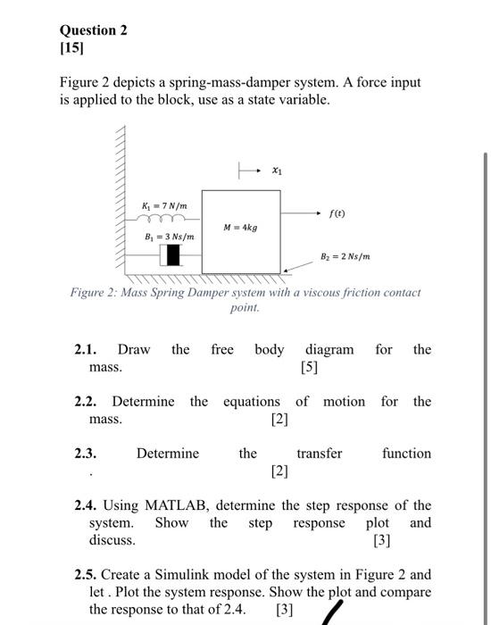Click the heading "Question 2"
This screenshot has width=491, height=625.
(x=93, y=30)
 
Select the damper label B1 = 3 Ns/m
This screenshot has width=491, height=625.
(x=169, y=237)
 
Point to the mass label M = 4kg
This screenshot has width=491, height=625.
(x=240, y=227)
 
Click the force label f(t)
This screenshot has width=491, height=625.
(x=337, y=215)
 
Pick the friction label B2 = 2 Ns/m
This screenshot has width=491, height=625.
(x=345, y=257)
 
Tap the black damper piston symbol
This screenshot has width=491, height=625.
(x=172, y=255)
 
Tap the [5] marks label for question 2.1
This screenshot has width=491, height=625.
(x=311, y=367)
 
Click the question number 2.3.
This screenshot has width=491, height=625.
(x=86, y=454)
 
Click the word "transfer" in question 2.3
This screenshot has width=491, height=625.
(x=319, y=454)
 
